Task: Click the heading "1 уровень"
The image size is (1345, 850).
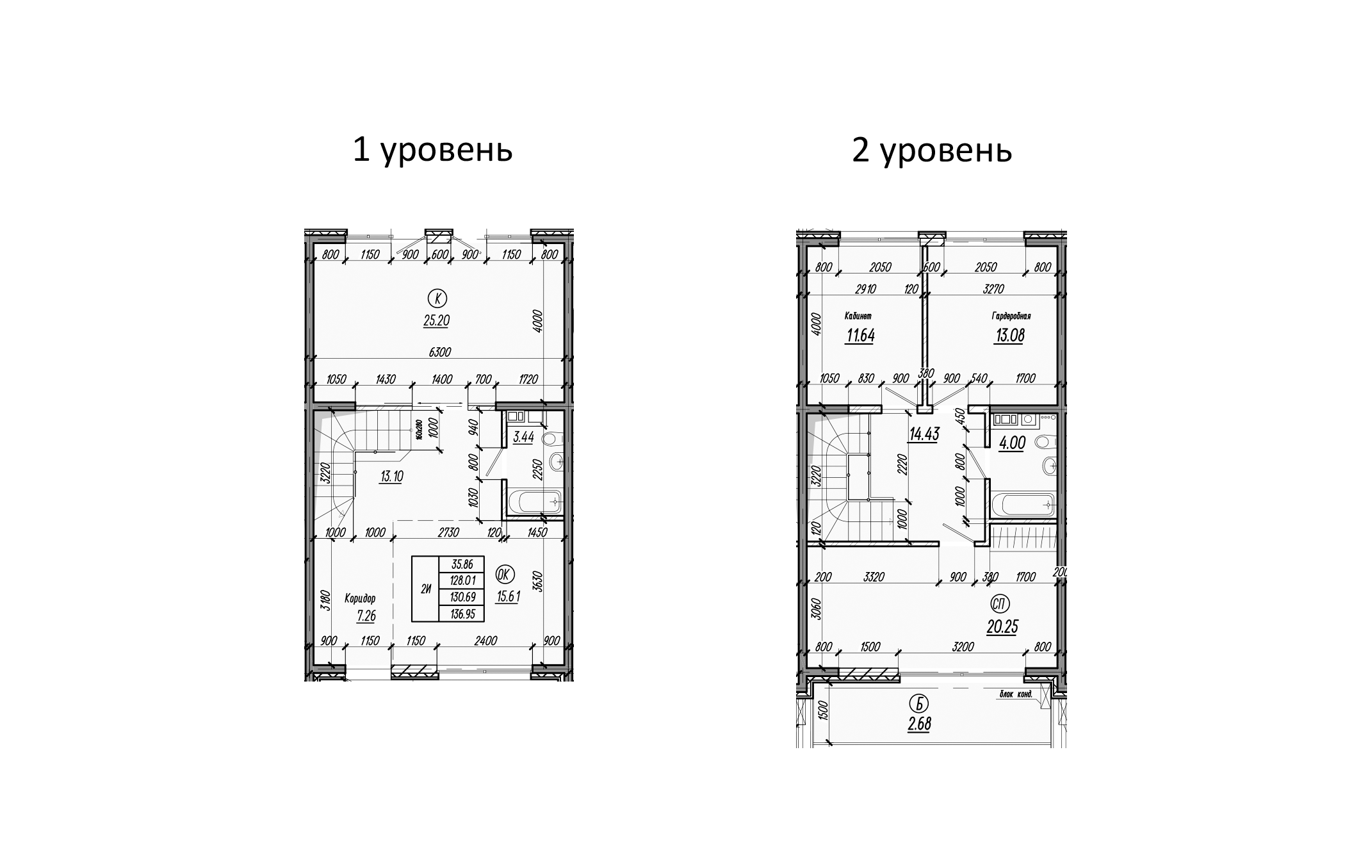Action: point(432,151)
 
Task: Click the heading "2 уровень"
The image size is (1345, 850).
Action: point(931,151)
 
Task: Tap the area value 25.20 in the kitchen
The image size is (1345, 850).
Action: point(436,321)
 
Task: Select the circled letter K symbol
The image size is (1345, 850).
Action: point(437,298)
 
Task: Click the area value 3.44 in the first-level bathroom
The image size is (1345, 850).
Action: point(524,437)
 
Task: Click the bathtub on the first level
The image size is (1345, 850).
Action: point(534,502)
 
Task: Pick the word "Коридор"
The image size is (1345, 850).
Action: point(360,598)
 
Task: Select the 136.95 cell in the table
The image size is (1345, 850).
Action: point(461,614)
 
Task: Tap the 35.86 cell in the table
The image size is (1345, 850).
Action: point(461,565)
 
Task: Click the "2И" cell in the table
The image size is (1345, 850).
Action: point(425,589)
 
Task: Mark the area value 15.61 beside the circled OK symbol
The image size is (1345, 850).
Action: point(509,596)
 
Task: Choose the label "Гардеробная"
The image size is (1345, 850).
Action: point(1011,316)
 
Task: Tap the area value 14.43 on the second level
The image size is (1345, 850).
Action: point(924,434)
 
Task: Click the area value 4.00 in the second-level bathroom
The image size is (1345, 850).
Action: point(1012,443)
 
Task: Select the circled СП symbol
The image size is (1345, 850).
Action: point(1000,603)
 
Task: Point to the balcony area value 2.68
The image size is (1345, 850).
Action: point(918,724)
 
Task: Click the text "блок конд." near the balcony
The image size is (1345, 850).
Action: point(1016,694)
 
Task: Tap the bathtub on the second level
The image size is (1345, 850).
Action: point(1022,505)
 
